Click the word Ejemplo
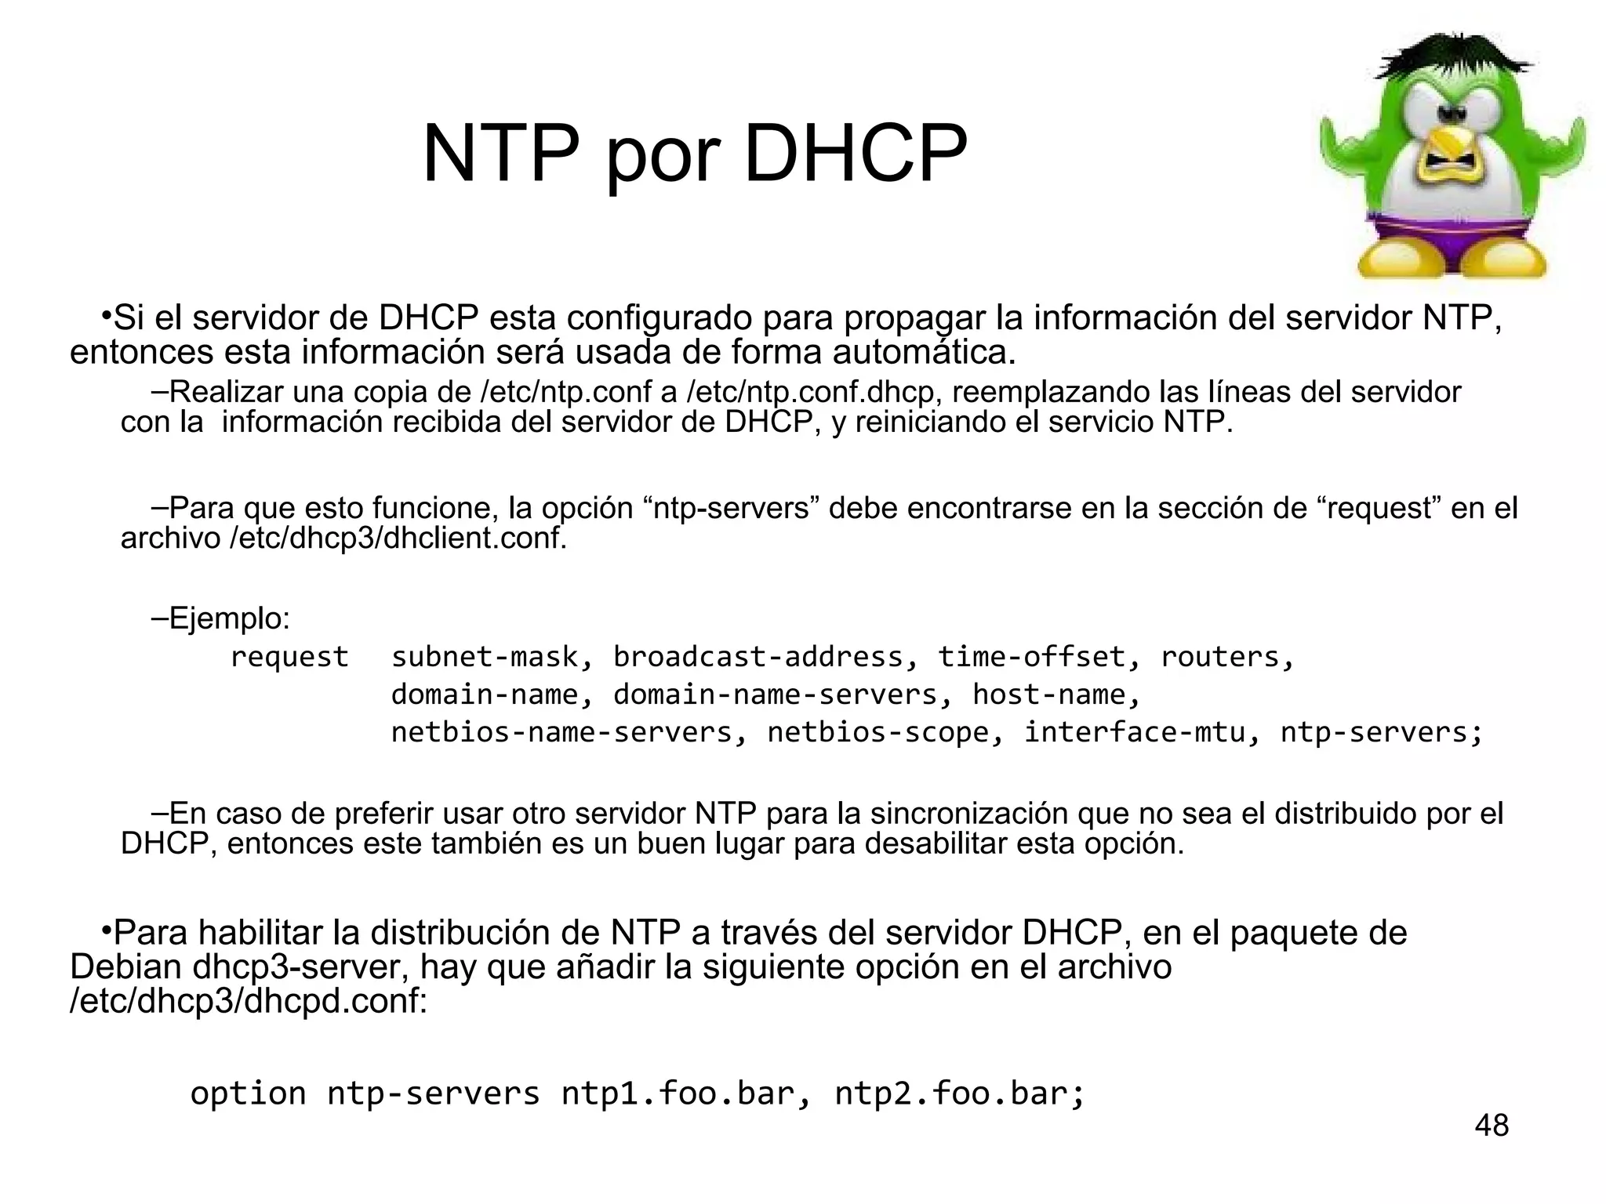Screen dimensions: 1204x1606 [x=227, y=618]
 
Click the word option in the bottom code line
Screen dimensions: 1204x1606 [x=248, y=1093]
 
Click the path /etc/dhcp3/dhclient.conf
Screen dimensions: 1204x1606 [x=397, y=539]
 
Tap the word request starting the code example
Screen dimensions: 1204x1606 [x=289, y=657]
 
